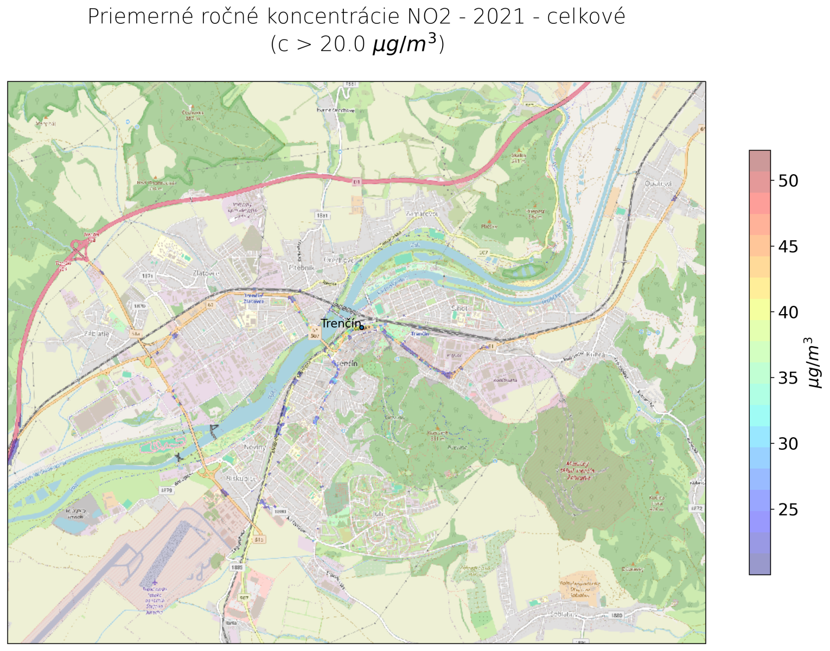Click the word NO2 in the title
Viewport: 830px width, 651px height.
click(428, 17)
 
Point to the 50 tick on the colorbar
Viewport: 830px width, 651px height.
click(788, 181)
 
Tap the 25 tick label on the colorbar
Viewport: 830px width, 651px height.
click(788, 510)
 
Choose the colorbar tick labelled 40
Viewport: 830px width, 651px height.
click(788, 312)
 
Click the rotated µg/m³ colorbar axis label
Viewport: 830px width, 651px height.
click(814, 362)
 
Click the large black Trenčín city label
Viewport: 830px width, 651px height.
click(340, 323)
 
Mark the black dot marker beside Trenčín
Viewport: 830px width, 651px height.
click(362, 327)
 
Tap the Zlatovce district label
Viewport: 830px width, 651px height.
click(206, 273)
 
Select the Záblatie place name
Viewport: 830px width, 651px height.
click(97, 334)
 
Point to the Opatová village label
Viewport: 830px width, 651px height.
click(658, 184)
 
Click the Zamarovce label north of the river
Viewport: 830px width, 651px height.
click(422, 214)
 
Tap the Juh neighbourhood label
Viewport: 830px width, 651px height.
click(378, 513)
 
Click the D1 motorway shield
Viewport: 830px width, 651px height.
click(356, 182)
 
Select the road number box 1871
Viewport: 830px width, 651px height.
click(148, 276)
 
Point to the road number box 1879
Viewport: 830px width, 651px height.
click(167, 490)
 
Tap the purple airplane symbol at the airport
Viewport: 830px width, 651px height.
click(155, 583)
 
